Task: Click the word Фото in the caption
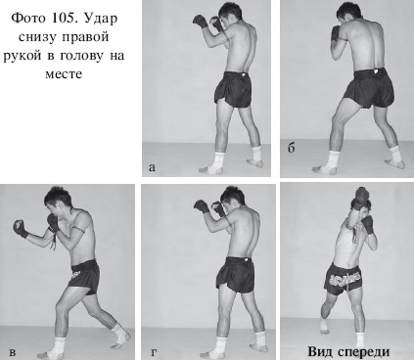[x=28, y=19]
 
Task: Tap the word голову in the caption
[x=82, y=56]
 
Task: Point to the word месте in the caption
[x=64, y=74]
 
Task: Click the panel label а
[x=152, y=167]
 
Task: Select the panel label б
[x=292, y=148]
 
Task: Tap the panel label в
[x=13, y=352]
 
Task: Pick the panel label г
[x=154, y=352]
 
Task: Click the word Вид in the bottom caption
[x=320, y=352]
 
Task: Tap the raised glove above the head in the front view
[x=361, y=198]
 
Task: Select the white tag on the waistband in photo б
[x=377, y=70]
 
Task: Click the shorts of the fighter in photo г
[x=236, y=275]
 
